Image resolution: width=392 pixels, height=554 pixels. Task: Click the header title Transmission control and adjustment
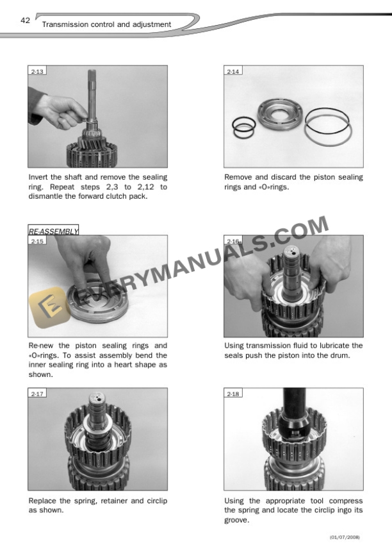106,24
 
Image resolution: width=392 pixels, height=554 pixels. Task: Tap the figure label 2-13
37,72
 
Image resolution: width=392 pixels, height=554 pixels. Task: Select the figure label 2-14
233,72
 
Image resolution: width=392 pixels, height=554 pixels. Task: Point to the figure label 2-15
37,242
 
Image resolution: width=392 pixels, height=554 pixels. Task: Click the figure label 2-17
37,394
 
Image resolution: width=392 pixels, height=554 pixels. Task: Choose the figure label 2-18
233,394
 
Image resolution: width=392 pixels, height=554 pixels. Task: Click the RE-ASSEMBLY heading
53,230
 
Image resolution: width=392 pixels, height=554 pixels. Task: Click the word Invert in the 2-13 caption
40,177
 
